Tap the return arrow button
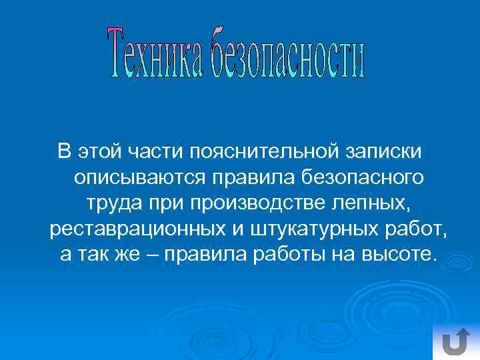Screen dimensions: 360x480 455,341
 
